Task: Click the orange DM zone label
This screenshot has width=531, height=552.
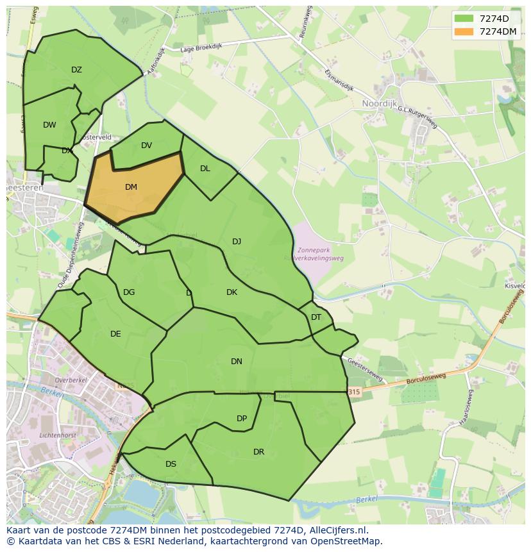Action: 131,187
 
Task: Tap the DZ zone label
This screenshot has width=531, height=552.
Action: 76,70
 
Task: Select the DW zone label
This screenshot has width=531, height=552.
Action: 49,125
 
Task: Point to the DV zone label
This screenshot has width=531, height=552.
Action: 146,146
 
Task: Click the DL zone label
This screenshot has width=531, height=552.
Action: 205,169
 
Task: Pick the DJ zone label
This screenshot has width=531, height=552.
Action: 237,242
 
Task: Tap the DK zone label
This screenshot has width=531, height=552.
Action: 232,292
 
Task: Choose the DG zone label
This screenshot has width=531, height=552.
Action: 129,292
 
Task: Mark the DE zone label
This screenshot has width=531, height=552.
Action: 115,333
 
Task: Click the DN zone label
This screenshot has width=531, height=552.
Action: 237,362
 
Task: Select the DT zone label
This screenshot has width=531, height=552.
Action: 316,317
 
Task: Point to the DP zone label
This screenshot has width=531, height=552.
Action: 242,419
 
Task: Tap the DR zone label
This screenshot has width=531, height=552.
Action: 258,452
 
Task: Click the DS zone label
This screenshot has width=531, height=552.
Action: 171,464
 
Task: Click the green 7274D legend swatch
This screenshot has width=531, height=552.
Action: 464,19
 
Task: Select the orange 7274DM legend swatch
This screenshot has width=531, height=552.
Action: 464,31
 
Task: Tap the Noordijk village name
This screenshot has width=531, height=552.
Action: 379,103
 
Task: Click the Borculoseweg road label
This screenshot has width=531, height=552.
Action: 425,379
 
